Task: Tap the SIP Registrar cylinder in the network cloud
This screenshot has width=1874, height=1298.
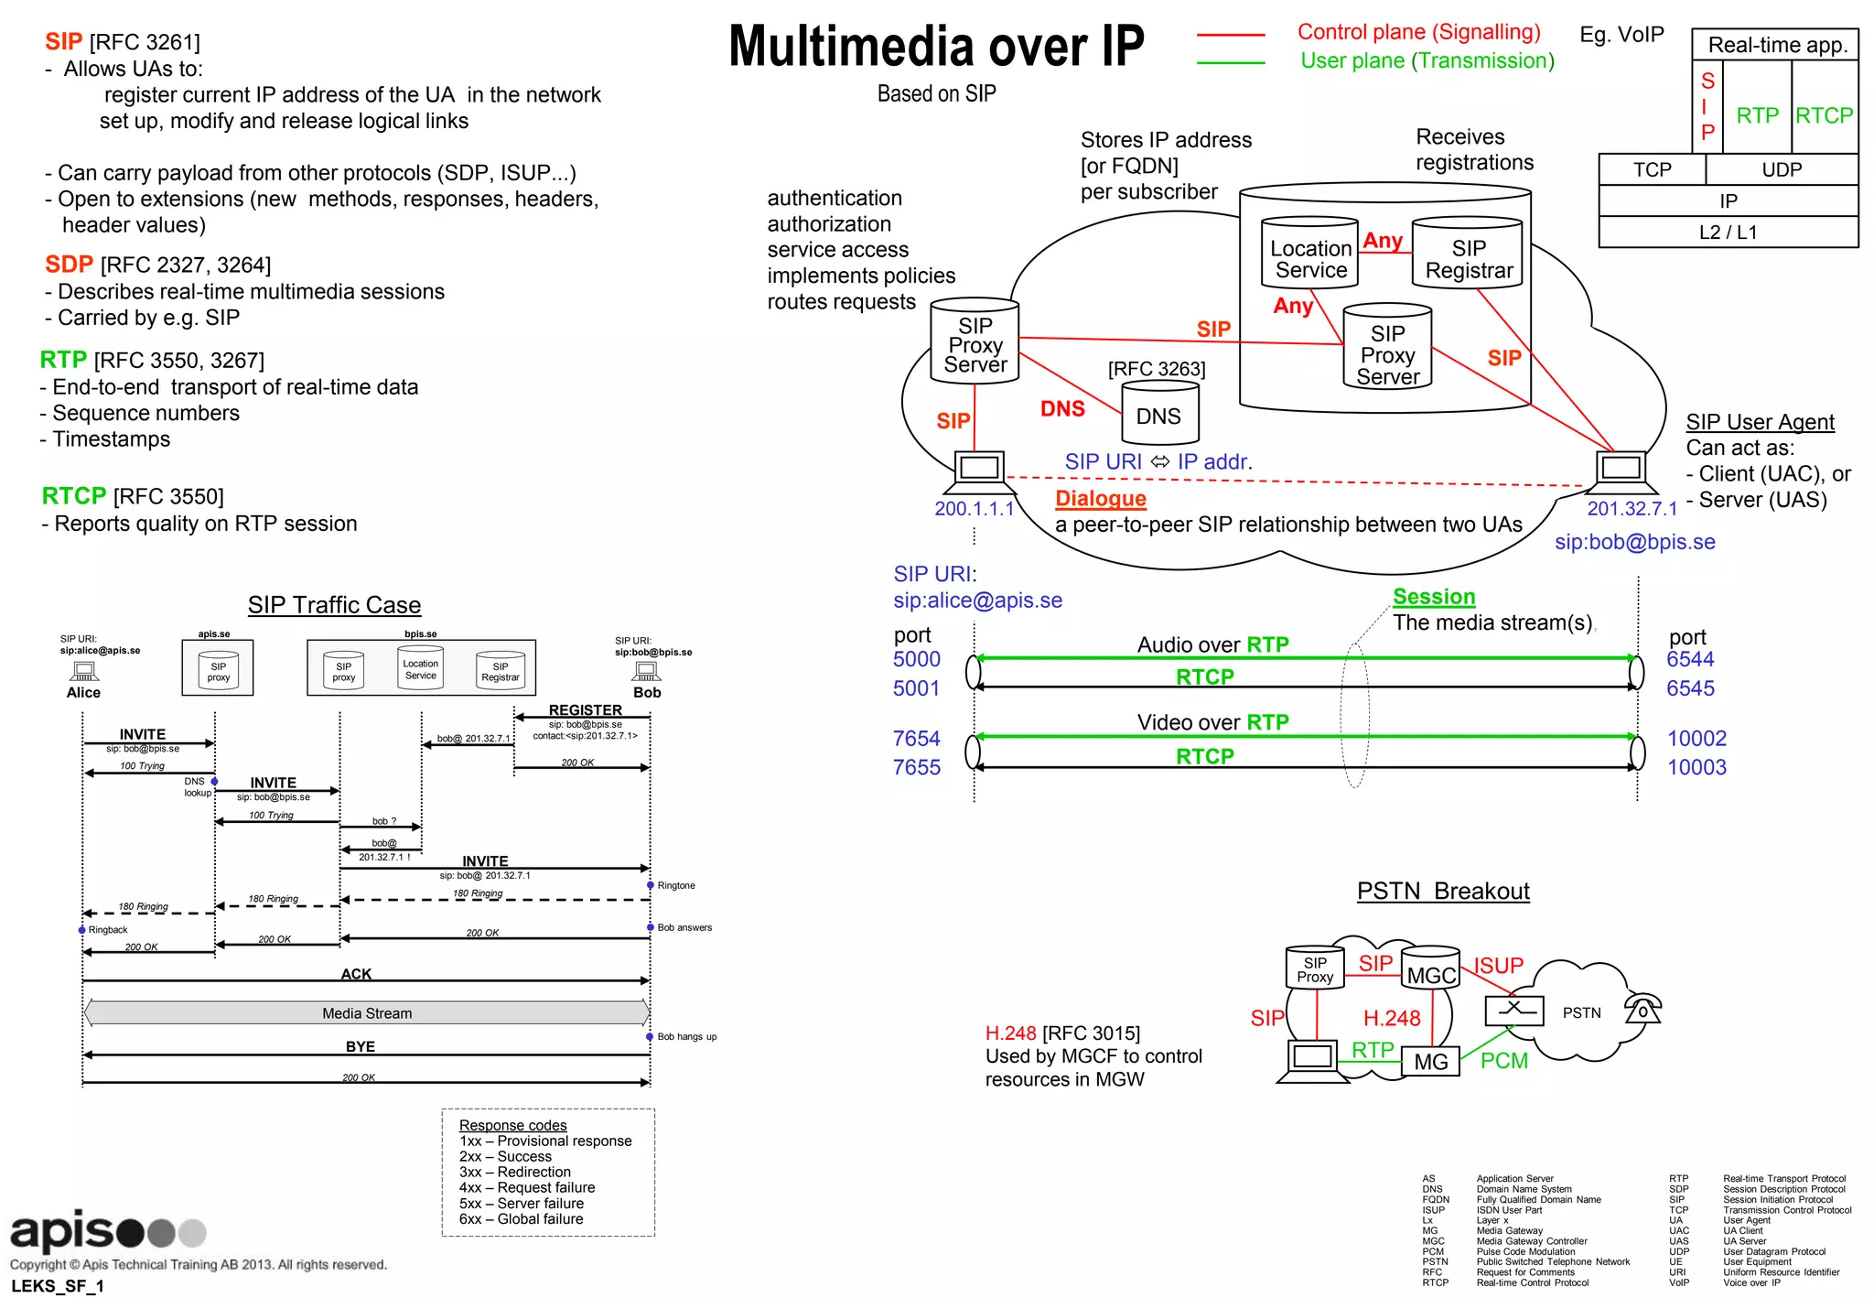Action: tap(1468, 256)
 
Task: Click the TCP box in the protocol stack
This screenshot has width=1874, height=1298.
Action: tap(1652, 169)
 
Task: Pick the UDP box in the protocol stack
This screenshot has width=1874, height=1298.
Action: tap(1781, 169)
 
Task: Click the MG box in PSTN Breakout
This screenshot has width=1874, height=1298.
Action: tap(1430, 1061)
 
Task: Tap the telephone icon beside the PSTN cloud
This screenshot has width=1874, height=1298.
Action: tap(1642, 1009)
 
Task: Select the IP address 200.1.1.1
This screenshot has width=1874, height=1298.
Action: tap(974, 509)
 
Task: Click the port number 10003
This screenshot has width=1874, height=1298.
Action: tap(1696, 767)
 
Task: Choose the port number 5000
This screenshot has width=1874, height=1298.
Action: tap(916, 659)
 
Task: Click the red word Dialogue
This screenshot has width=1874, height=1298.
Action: tap(1100, 499)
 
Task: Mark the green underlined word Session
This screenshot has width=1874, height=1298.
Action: tap(1433, 597)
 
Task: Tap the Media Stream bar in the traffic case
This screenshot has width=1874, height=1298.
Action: tap(366, 1013)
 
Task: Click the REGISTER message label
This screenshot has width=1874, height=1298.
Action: tap(585, 710)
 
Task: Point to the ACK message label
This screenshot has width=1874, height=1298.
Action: tap(356, 974)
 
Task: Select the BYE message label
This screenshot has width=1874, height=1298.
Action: tap(360, 1046)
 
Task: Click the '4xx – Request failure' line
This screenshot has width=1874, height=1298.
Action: tap(526, 1187)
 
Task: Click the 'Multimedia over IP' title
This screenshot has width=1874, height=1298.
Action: tap(935, 48)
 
